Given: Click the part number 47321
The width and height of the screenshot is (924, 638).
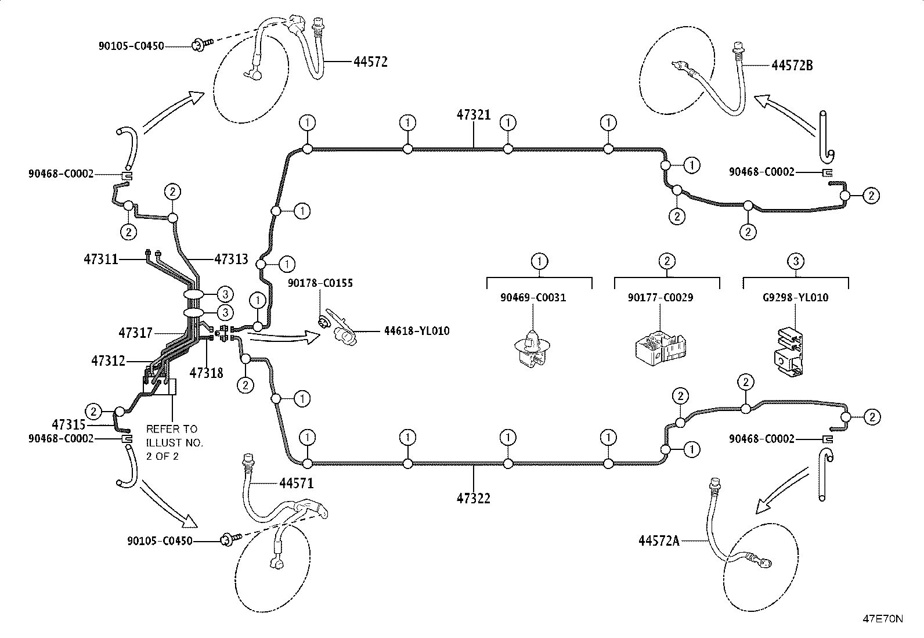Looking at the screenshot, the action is [474, 114].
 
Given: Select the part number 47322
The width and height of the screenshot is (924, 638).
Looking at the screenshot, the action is [474, 498].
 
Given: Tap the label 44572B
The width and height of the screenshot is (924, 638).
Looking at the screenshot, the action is [792, 65].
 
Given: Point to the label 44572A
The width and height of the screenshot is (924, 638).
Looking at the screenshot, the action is [659, 540].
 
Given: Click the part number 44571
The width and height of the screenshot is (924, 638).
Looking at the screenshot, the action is [297, 483].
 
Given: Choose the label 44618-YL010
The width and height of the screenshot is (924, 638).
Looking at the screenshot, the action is [417, 330].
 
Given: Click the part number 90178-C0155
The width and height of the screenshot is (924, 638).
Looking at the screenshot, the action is [320, 283].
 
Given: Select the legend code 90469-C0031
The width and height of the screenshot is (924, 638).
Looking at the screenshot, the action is [533, 297].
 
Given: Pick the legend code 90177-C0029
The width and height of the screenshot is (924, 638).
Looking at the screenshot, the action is [660, 297].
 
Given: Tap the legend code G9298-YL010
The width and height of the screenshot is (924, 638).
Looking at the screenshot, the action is [795, 297].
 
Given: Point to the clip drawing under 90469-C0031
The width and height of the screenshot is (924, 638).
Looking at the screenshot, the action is [533, 348].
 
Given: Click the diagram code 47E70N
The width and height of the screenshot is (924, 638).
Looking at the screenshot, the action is [883, 619].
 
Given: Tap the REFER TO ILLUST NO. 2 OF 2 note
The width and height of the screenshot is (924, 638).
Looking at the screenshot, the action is [175, 442].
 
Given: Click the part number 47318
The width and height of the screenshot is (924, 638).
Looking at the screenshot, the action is [206, 373].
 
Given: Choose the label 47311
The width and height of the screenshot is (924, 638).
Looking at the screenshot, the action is [101, 259].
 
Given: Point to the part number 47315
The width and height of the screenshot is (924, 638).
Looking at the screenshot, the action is [68, 424].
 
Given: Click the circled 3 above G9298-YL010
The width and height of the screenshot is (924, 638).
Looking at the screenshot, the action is [796, 261].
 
